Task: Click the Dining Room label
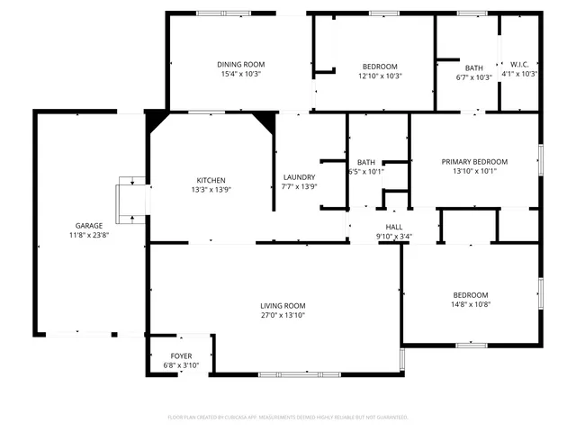[x=240, y=64]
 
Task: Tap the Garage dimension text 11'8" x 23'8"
[x=88, y=236]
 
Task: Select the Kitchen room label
[x=211, y=180]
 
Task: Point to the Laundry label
[x=298, y=176]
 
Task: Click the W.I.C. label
[x=519, y=64]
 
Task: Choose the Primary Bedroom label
[x=474, y=161]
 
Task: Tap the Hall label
[x=394, y=227]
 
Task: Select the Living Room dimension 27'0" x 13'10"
[x=283, y=316]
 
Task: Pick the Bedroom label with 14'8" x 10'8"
[x=471, y=295]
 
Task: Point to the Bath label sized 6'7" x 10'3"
[x=473, y=67]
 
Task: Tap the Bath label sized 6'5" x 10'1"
[x=366, y=162]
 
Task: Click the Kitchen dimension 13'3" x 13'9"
[x=211, y=190]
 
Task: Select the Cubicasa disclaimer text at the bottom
[x=288, y=417]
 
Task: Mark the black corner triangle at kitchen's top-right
[x=266, y=120]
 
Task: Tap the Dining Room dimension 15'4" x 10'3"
[x=240, y=75]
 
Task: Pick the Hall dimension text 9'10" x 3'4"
[x=394, y=237]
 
